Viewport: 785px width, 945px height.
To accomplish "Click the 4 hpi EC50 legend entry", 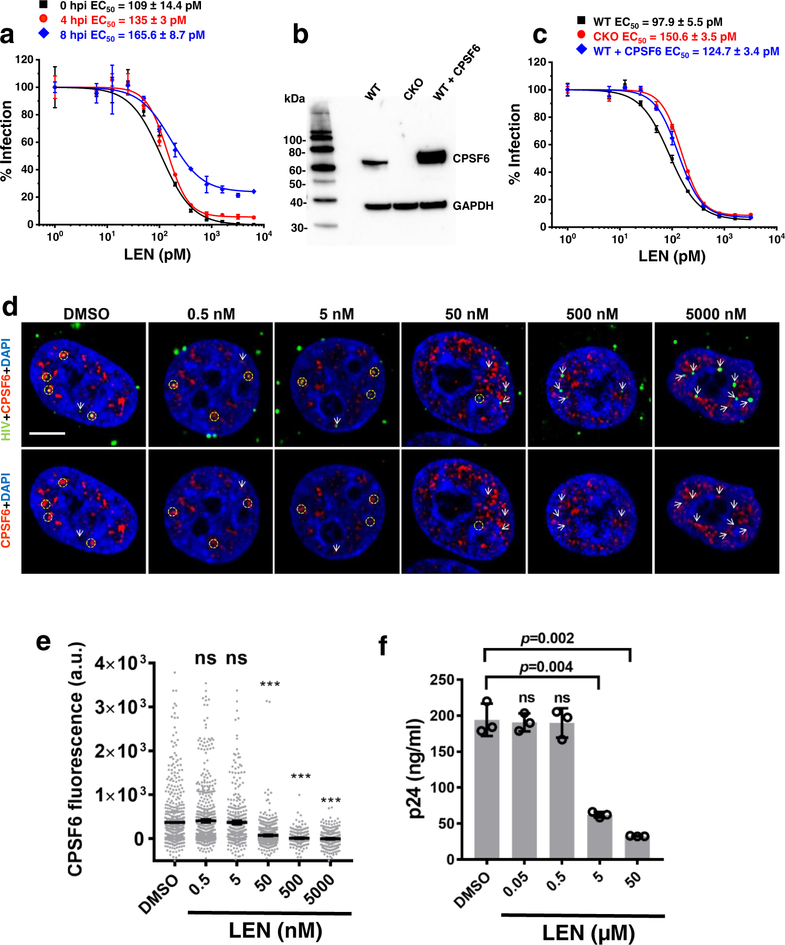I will click(x=123, y=20).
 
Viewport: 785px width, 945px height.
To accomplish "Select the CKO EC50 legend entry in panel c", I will click(x=664, y=37).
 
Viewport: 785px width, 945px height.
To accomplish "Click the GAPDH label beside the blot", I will click(x=473, y=206).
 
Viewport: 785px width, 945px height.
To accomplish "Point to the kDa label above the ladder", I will click(x=294, y=99).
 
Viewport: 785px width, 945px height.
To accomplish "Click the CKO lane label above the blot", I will click(x=413, y=90).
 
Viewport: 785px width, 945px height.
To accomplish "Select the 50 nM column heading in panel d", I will click(x=466, y=314).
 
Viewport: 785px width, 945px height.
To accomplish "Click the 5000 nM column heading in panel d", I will click(x=716, y=314).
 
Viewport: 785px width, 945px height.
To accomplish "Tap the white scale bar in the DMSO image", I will click(x=47, y=433).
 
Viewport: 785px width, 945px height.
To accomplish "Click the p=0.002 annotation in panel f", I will click(x=547, y=638).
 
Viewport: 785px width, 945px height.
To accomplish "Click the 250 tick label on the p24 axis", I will click(x=442, y=679).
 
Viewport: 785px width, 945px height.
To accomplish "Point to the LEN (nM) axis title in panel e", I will click(x=275, y=930).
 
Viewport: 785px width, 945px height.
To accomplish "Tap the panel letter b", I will click(x=300, y=35).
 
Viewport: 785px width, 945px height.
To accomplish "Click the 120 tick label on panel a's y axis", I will click(x=24, y=59).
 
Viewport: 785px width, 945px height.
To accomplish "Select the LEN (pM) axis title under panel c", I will click(x=672, y=256).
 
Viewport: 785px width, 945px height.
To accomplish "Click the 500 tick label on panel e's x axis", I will click(x=292, y=885).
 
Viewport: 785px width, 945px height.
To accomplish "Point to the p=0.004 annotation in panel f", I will click(x=546, y=667).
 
